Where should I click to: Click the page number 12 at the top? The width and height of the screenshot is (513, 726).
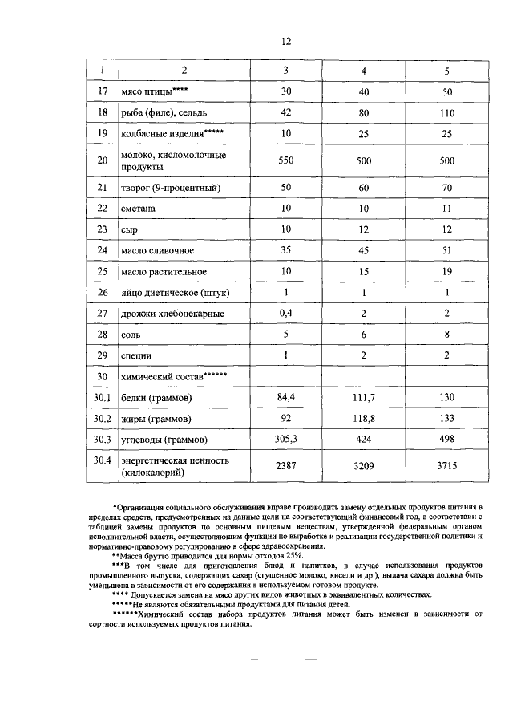[x=286, y=42]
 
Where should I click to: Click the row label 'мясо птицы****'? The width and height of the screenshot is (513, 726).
[x=153, y=93]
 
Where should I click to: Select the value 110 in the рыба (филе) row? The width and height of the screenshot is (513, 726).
[x=446, y=114]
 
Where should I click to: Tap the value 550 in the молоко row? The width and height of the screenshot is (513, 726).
[x=286, y=160]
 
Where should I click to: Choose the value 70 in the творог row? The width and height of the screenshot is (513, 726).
[x=446, y=189]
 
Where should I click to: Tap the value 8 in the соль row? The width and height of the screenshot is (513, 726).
[x=446, y=334]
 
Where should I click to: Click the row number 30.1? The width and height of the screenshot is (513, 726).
[x=102, y=398]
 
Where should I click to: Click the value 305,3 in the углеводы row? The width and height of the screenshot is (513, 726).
[x=286, y=440]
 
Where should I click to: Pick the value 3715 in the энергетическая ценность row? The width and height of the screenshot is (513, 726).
[x=446, y=466]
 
